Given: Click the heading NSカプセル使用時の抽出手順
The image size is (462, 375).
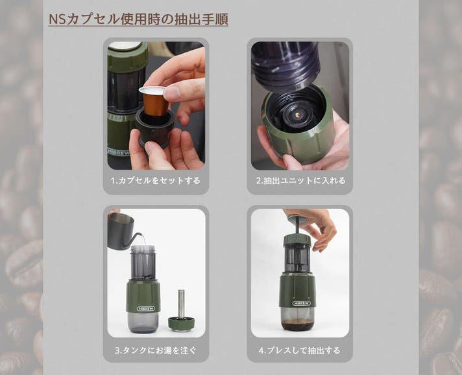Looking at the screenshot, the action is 138,19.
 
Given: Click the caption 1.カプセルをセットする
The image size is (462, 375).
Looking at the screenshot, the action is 156,180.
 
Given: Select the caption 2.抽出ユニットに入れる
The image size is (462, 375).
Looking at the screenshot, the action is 300,180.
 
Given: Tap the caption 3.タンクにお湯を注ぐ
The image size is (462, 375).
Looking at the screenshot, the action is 156,350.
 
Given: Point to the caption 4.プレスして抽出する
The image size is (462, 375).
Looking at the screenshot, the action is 300,350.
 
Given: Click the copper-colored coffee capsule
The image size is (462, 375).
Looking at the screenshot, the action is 154,102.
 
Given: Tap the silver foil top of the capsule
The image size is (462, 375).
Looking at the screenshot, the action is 151,91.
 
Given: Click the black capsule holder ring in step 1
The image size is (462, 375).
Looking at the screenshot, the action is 154,127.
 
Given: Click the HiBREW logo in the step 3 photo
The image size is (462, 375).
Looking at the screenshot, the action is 145,308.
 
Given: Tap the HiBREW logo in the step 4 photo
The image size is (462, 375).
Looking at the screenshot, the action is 302,303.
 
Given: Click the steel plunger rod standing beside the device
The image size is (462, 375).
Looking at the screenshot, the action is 182,304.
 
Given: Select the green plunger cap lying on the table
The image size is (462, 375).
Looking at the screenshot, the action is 182,323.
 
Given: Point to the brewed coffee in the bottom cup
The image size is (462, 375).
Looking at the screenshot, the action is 298,324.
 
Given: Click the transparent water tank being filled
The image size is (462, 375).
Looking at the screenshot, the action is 143,263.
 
